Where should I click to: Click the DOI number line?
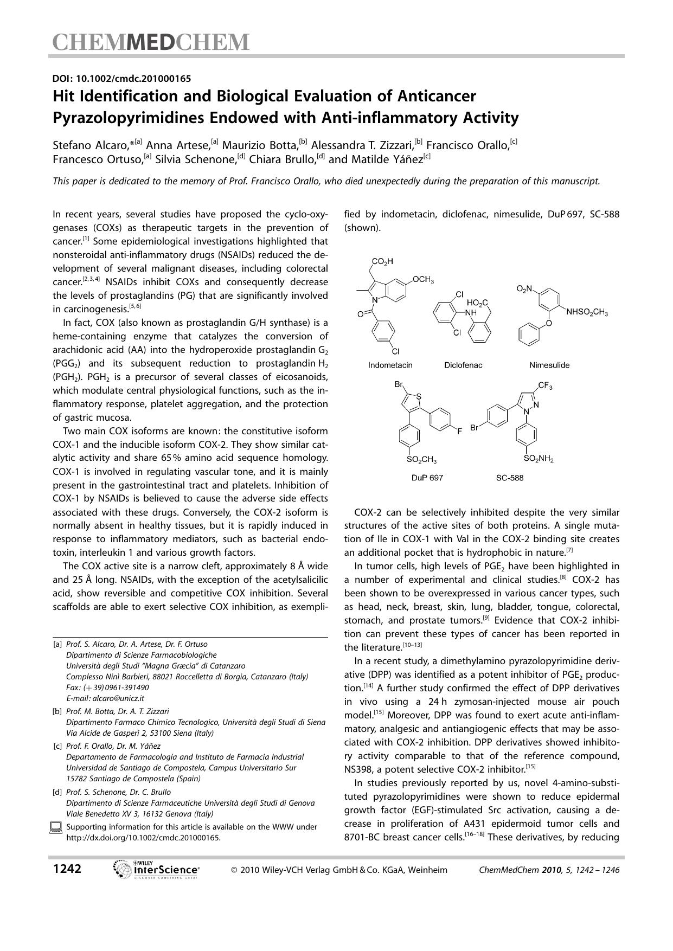(121, 79)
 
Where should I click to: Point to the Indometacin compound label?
(390, 365)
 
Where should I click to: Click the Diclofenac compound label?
(463, 365)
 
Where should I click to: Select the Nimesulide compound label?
(549, 365)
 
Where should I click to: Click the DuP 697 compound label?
(427, 478)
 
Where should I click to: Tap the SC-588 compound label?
(509, 478)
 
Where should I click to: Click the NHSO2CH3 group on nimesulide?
(587, 312)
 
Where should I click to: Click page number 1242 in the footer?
(67, 869)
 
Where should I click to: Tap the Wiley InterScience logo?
(156, 870)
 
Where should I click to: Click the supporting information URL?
(143, 837)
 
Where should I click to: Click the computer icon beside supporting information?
(56, 827)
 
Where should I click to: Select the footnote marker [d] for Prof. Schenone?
(57, 792)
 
